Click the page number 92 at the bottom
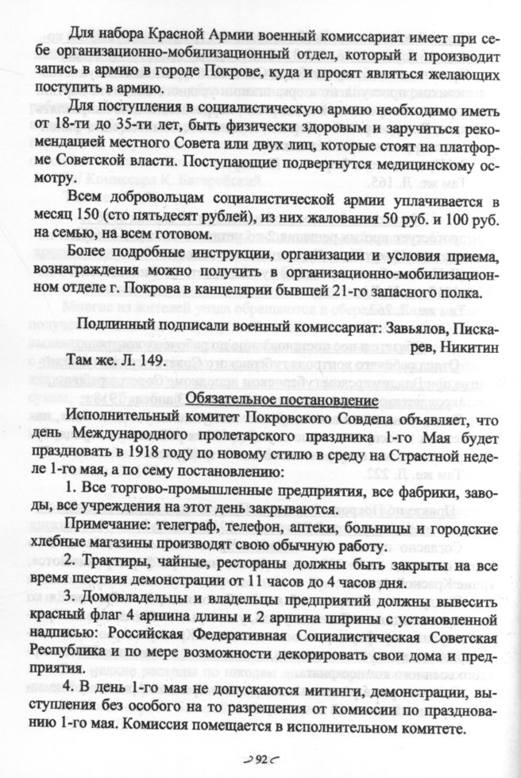260,760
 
